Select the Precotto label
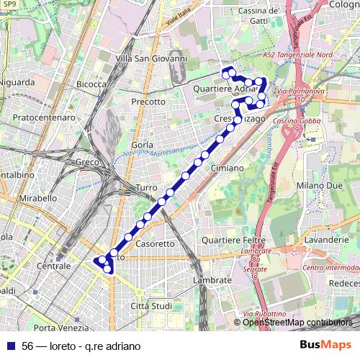[148, 102]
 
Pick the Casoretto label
[155, 243]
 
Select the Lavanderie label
[325, 238]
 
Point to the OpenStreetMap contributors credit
[298, 322]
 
